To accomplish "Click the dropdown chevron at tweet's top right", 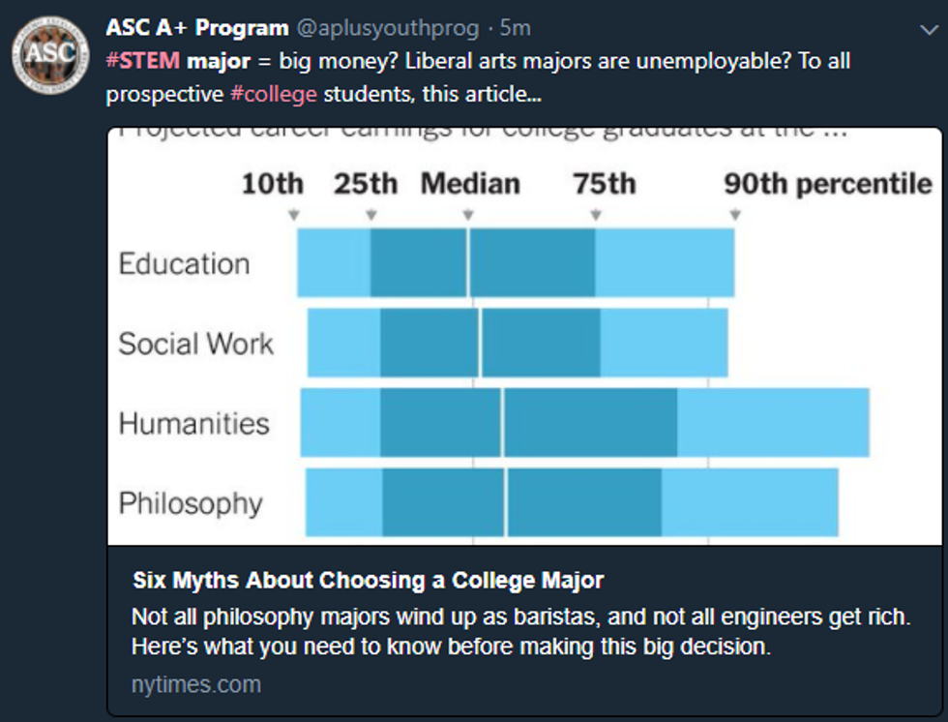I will pyautogui.click(x=929, y=30).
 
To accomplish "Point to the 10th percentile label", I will pyautogui.click(x=272, y=184).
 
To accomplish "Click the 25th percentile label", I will pyautogui.click(x=366, y=184).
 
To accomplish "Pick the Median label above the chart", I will pyautogui.click(x=470, y=184).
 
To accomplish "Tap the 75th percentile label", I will pyautogui.click(x=604, y=184).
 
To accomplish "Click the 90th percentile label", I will pyautogui.click(x=828, y=184).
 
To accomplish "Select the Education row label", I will pyautogui.click(x=184, y=263).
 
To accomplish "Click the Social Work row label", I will pyautogui.click(x=195, y=344).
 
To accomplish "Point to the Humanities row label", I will pyautogui.click(x=193, y=423).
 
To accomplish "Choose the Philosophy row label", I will pyautogui.click(x=191, y=503).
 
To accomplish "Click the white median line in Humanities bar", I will pyautogui.click(x=502, y=423).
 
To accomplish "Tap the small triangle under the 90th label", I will pyautogui.click(x=735, y=215).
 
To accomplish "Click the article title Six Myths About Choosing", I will pyautogui.click(x=368, y=581).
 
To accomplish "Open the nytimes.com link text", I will pyautogui.click(x=196, y=684).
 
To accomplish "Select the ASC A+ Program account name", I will pyautogui.click(x=196, y=28).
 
